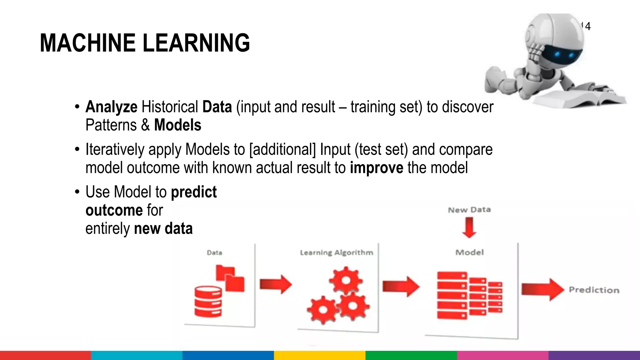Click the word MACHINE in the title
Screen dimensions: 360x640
click(87, 43)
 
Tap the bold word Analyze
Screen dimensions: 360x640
click(111, 107)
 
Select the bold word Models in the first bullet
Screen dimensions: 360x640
click(177, 125)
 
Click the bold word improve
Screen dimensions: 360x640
click(376, 168)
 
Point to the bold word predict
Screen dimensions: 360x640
click(193, 192)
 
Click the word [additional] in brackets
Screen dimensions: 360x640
click(282, 149)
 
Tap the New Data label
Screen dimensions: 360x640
click(469, 210)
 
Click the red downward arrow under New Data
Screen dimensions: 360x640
click(469, 227)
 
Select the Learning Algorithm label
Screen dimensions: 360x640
click(336, 252)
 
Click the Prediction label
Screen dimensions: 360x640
click(594, 290)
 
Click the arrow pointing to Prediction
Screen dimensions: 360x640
click(542, 289)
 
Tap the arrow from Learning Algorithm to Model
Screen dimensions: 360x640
click(401, 286)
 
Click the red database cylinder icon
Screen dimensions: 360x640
click(208, 302)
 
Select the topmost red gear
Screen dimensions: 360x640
click(346, 280)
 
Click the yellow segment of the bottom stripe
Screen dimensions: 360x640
click(320, 355)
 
